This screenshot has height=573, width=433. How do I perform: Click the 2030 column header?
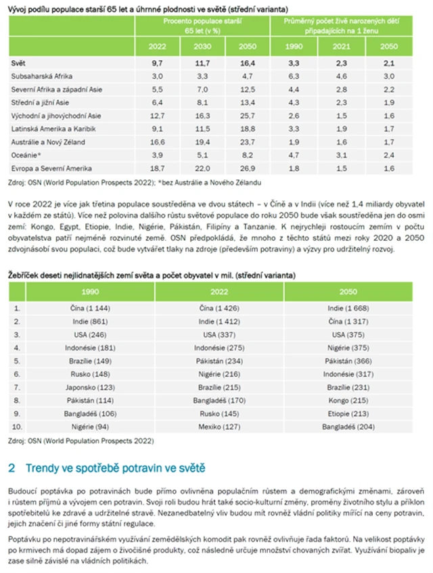pos(201,46)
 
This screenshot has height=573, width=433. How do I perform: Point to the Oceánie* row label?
pos(26,155)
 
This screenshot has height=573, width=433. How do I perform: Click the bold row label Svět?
pos(18,62)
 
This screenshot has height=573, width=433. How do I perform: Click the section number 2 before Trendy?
pos(12,468)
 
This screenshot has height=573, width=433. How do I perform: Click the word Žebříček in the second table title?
pos(24,276)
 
